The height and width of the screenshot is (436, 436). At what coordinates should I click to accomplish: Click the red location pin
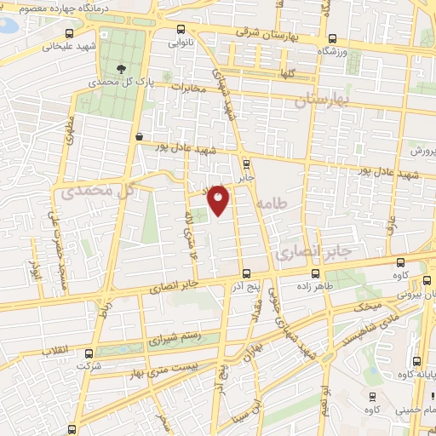(219, 199)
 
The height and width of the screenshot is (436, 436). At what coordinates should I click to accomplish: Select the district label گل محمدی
(99, 192)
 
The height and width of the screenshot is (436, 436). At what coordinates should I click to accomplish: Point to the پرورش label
(420, 151)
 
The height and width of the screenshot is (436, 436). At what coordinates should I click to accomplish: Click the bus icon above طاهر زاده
(317, 274)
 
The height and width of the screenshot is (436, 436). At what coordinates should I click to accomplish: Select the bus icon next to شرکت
(89, 352)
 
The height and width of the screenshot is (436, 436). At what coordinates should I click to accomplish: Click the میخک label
(367, 304)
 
